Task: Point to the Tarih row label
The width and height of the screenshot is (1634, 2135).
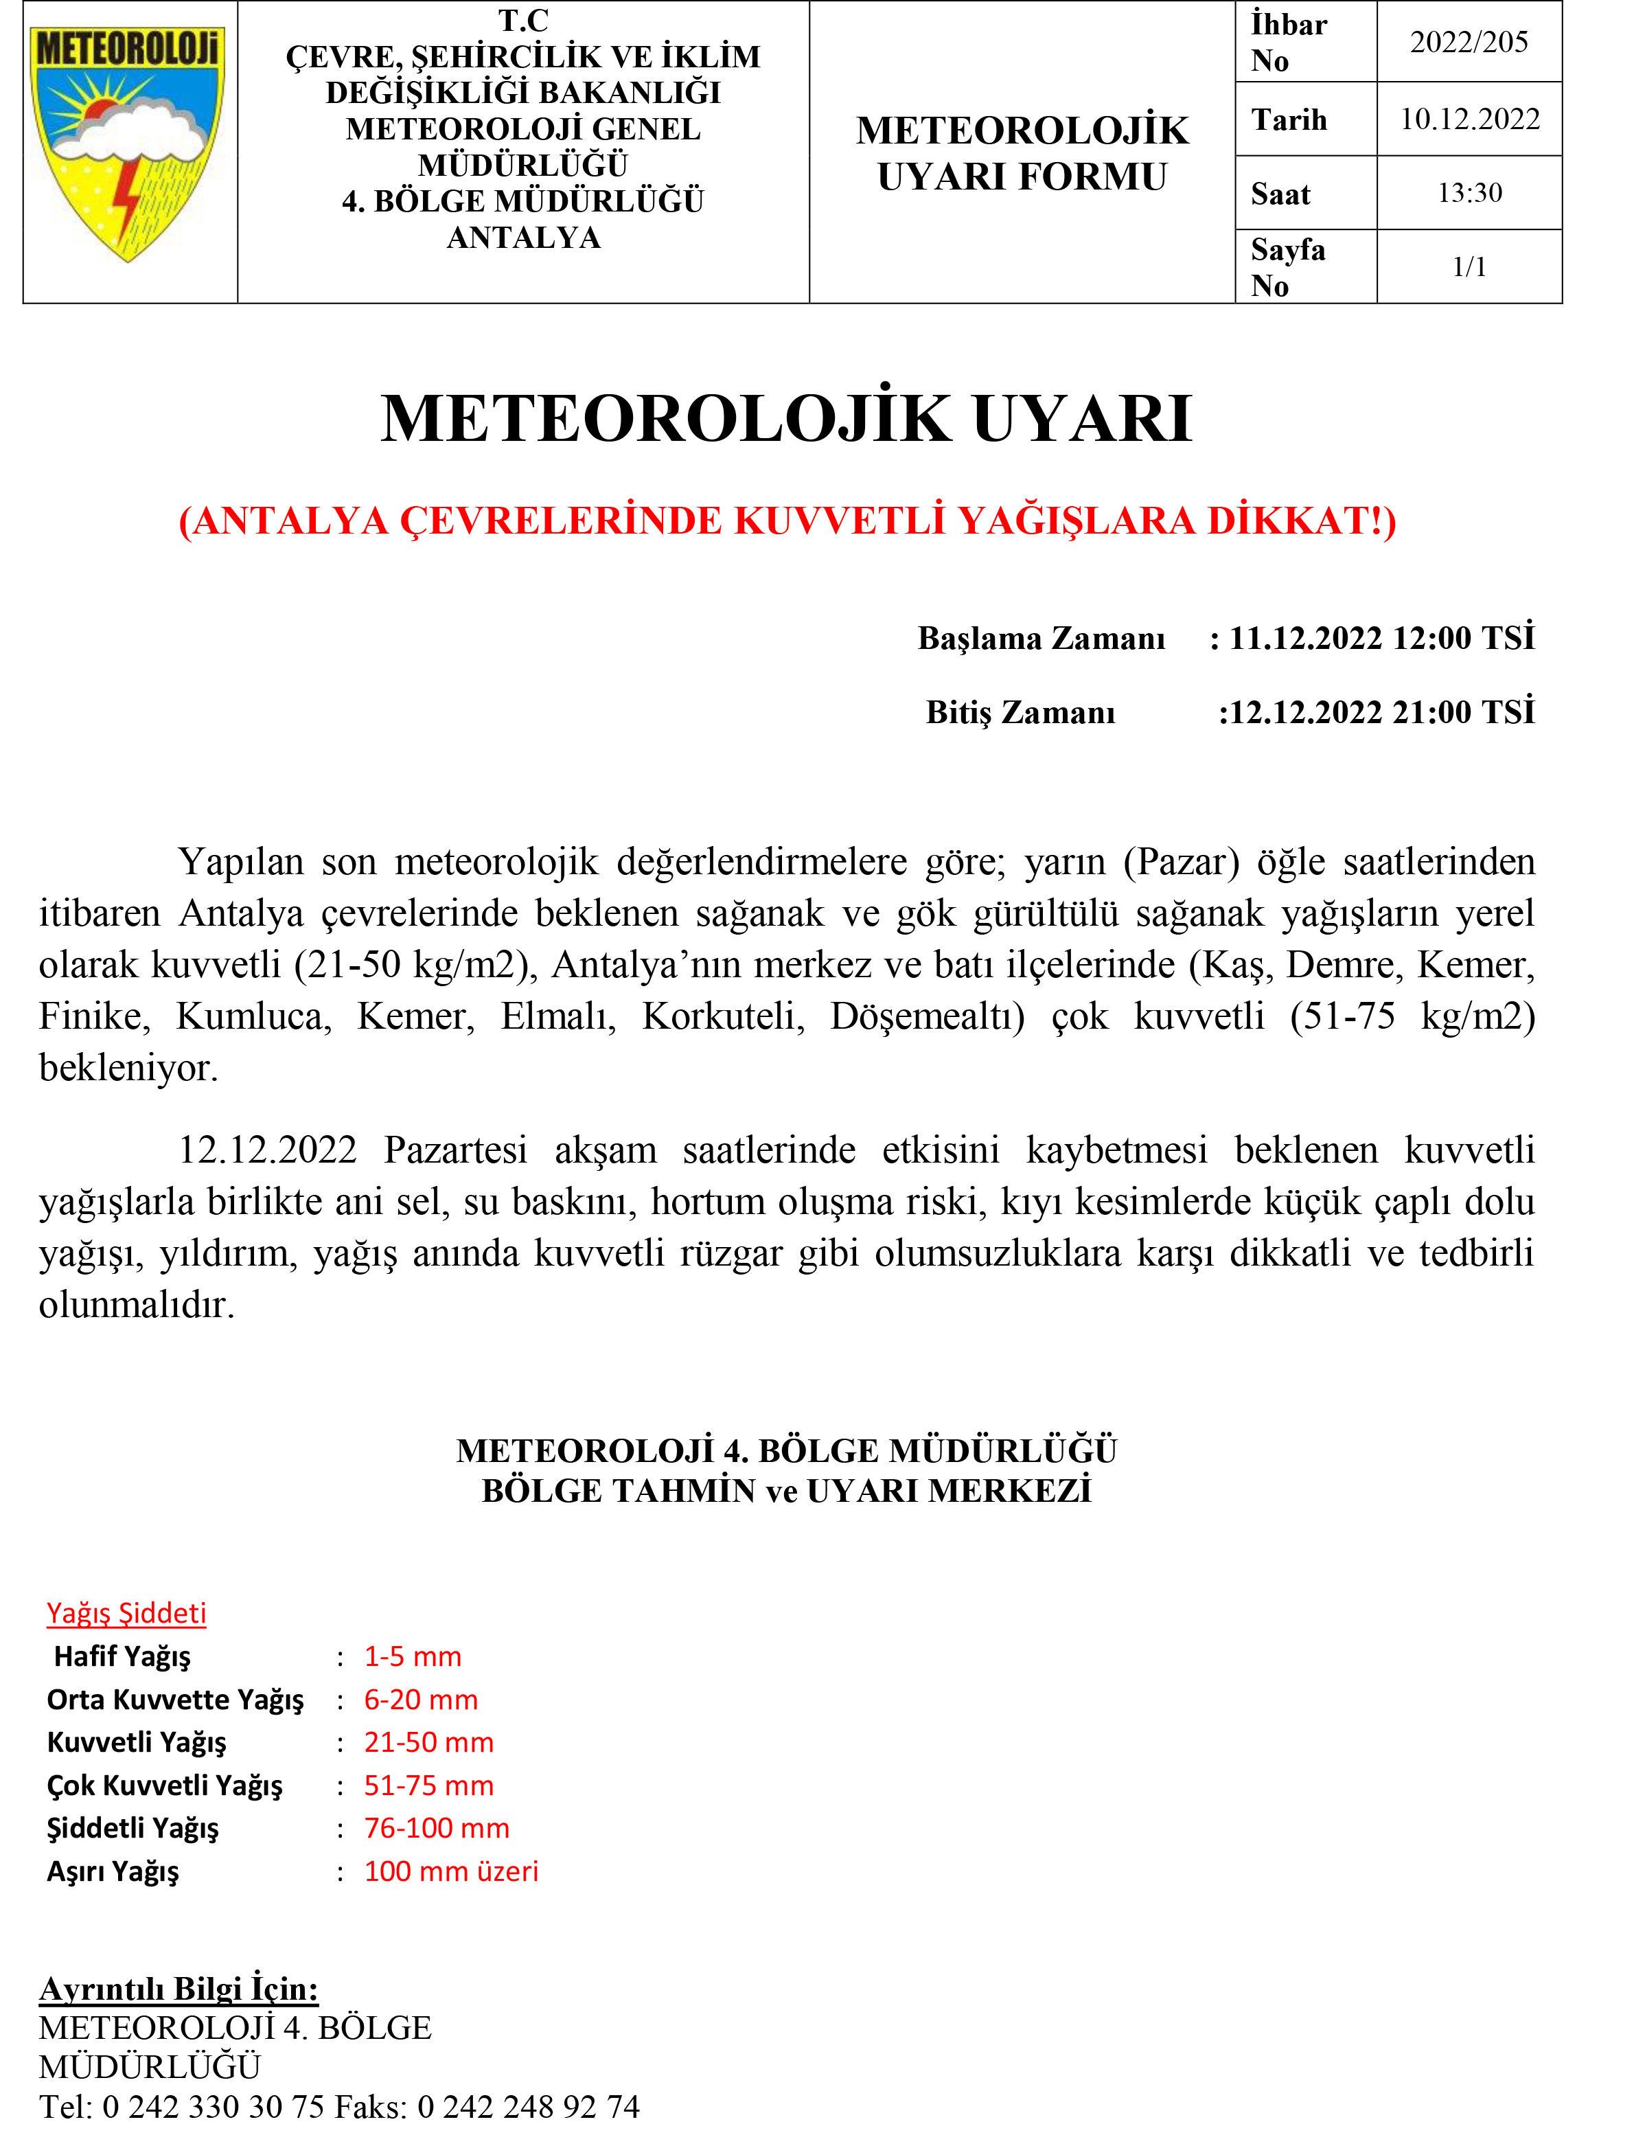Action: coord(1289,119)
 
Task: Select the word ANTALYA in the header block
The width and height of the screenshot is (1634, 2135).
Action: coord(523,238)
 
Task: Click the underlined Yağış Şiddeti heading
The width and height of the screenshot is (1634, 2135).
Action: coord(126,1614)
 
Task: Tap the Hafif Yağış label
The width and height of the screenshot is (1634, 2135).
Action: coord(122,1656)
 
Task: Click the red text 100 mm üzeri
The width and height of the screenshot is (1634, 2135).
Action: coord(450,1871)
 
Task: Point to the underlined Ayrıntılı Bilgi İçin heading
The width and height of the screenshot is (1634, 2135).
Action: coord(179,1989)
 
